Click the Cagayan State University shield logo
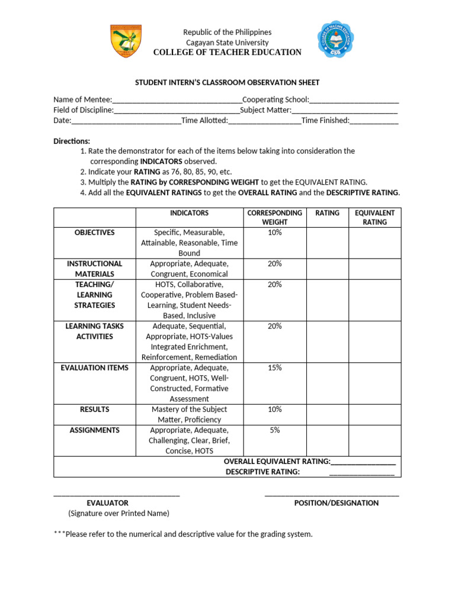click(126, 41)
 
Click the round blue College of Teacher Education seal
click(337, 40)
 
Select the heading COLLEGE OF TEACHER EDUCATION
click(227, 53)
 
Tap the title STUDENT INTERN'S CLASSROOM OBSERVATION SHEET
click(227, 83)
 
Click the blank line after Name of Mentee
click(177, 100)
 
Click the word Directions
click(72, 141)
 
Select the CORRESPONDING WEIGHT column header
click(274, 217)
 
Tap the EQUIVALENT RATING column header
click(374, 217)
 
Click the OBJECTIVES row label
click(95, 233)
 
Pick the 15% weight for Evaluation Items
click(274, 368)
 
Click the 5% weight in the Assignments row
click(274, 430)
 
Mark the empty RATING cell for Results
click(327, 414)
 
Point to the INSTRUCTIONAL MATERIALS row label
click(95, 269)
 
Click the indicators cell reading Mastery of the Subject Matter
click(189, 414)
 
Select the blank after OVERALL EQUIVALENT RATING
click(363, 462)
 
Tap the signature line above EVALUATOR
click(117, 495)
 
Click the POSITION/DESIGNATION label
click(336, 503)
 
